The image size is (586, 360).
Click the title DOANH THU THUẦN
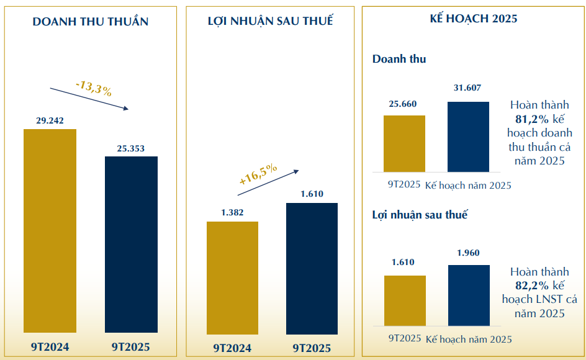pyautogui.click(x=91, y=21)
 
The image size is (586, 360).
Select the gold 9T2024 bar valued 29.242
pyautogui.click(x=50, y=230)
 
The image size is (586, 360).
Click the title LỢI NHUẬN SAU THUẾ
pyautogui.click(x=270, y=21)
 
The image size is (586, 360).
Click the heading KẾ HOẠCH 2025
pyautogui.click(x=473, y=19)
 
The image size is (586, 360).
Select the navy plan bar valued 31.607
pyautogui.click(x=468, y=137)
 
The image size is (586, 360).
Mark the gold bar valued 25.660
pyautogui.click(x=404, y=143)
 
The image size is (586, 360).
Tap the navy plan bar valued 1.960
pyautogui.click(x=468, y=295)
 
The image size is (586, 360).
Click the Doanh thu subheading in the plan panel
pyautogui.click(x=399, y=60)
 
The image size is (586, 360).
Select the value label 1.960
pyautogui.click(x=468, y=253)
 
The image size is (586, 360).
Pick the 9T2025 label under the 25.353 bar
pyautogui.click(x=131, y=347)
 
